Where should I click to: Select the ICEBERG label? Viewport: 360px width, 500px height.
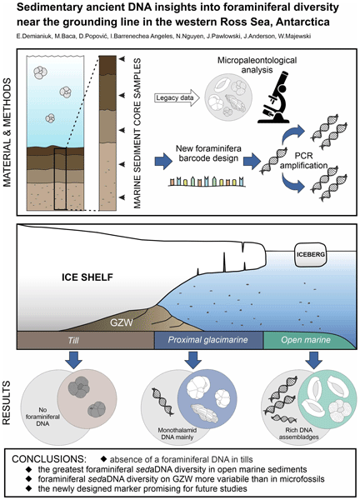coord(311,254)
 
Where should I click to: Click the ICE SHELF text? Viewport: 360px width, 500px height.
coord(87,277)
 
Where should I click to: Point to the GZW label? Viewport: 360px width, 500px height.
coord(121,322)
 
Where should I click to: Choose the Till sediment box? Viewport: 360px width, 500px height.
coord(86,340)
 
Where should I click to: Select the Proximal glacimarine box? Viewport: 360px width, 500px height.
coord(208,340)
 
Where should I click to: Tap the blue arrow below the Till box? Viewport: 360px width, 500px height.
coord(73,360)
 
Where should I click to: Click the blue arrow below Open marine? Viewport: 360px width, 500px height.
coord(314,360)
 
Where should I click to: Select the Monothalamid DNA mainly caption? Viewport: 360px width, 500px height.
coord(177,433)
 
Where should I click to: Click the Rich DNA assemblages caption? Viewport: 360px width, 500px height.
coord(299,433)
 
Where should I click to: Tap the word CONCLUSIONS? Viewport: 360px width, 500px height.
coord(49,459)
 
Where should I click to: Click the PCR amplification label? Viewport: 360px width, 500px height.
coord(304,161)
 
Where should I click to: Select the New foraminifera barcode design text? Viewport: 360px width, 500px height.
coord(208,153)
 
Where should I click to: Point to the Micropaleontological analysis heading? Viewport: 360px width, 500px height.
coord(257,65)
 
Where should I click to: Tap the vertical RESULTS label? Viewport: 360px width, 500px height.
coord(7,402)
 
